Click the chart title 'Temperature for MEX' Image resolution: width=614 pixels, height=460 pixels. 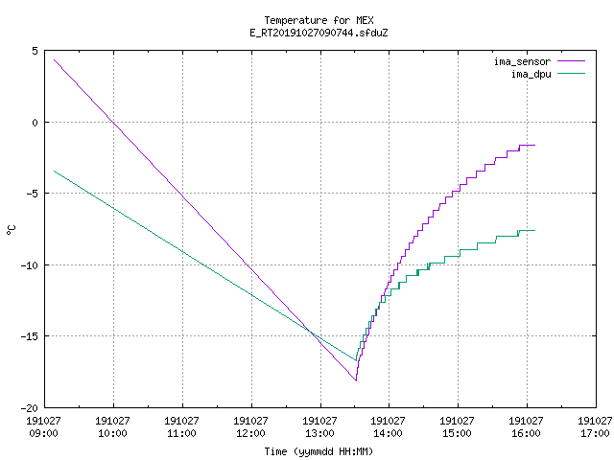[x=319, y=20]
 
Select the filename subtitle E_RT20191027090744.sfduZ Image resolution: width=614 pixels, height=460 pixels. [x=319, y=33]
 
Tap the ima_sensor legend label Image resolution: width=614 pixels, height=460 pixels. [x=522, y=61]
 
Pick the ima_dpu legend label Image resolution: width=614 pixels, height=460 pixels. [x=531, y=74]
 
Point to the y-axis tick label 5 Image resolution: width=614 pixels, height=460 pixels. [x=35, y=51]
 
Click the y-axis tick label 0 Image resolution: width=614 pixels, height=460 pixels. [x=35, y=123]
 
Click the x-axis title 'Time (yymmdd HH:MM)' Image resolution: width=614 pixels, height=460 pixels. [x=319, y=451]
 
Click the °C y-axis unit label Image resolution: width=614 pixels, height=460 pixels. [x=11, y=230]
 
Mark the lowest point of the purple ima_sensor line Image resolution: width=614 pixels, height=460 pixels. [x=356, y=380]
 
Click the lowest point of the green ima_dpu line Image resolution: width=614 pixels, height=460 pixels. [x=356, y=360]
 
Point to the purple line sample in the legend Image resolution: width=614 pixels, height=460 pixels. [x=572, y=61]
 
